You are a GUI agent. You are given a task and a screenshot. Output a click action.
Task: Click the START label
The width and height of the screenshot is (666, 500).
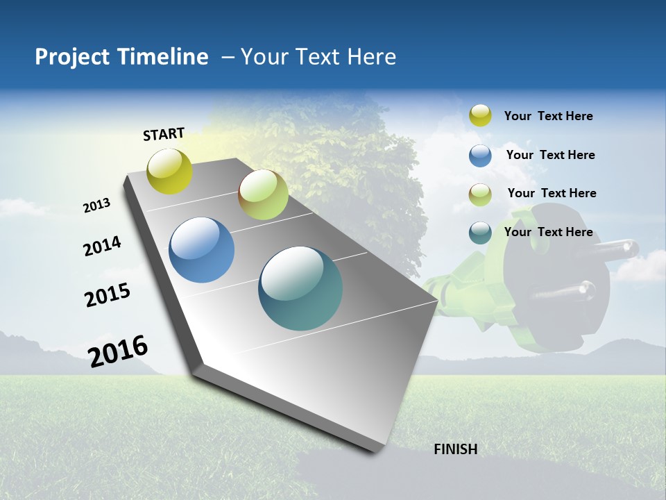[x=164, y=133]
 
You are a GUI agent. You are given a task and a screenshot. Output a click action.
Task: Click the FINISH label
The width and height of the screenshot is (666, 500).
[x=455, y=449]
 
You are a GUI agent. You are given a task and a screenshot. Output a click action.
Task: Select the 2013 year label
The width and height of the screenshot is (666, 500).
[x=97, y=206]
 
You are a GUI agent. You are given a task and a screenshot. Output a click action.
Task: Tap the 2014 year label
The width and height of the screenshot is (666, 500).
[x=102, y=246]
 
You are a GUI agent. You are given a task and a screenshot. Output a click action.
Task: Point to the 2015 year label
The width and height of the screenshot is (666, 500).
[x=108, y=295]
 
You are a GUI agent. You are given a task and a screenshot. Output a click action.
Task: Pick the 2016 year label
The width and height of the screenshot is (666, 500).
[x=118, y=351]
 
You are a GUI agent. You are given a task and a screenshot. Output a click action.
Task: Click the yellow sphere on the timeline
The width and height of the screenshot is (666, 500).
[x=170, y=172]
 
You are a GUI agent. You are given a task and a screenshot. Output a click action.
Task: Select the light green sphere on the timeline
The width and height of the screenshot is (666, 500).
[x=263, y=194]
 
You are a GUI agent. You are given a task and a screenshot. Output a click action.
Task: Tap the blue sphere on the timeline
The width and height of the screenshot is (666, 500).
[x=202, y=250]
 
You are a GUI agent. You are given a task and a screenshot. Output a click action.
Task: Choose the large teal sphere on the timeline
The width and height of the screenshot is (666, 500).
[x=300, y=288]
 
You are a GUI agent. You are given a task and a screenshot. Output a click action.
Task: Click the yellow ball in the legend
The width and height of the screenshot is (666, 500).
[x=480, y=115]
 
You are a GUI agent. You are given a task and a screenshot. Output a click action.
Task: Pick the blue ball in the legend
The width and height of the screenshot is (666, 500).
[x=480, y=156]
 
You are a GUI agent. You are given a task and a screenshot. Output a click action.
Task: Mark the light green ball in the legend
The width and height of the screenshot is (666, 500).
[x=480, y=194]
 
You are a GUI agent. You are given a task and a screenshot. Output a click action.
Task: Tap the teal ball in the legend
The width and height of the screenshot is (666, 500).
[x=480, y=233]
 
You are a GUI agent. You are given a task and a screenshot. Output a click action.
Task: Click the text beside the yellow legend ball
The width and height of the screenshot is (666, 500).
[x=548, y=117]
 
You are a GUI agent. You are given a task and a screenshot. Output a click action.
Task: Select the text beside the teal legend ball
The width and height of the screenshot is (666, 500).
[x=548, y=232]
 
